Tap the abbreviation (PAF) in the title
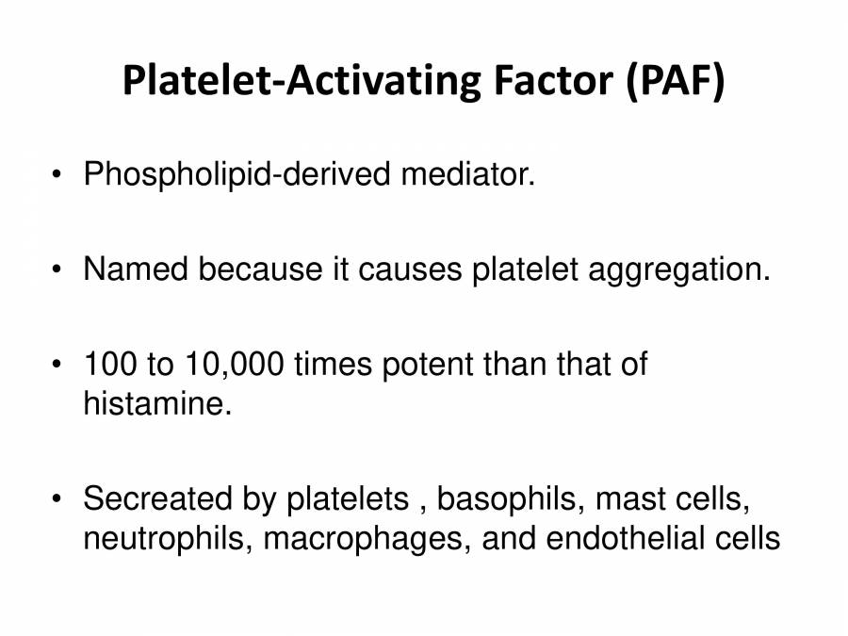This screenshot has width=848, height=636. click(675, 81)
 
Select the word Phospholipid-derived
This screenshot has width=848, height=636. click(236, 175)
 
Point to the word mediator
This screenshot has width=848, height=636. click(467, 174)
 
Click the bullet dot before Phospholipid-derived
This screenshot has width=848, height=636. click(57, 174)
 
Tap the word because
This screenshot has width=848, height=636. click(260, 269)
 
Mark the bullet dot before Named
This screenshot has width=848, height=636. click(57, 269)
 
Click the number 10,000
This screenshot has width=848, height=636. click(235, 365)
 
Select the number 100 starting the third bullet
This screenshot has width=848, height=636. click(110, 364)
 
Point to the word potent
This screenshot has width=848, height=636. click(428, 365)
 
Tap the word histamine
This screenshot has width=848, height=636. click(157, 403)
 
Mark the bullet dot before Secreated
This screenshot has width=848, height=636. click(57, 498)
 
